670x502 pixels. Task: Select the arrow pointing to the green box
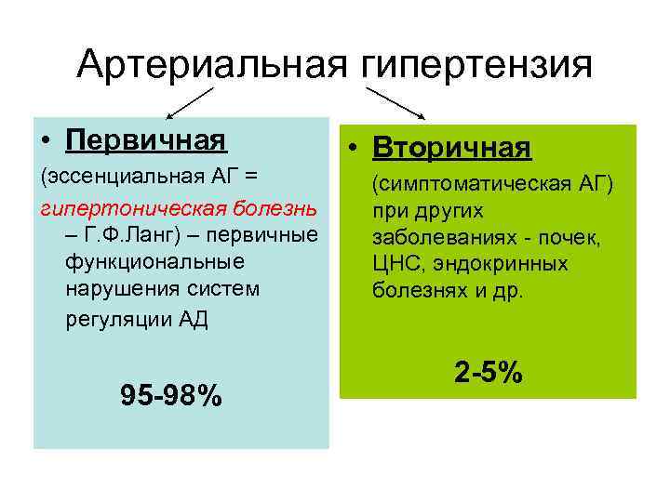tap(395, 103)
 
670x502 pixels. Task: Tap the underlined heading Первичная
tap(147, 140)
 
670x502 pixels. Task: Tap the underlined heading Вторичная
tap(452, 148)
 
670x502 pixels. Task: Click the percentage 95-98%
tap(171, 397)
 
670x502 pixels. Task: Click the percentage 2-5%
tap(489, 373)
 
